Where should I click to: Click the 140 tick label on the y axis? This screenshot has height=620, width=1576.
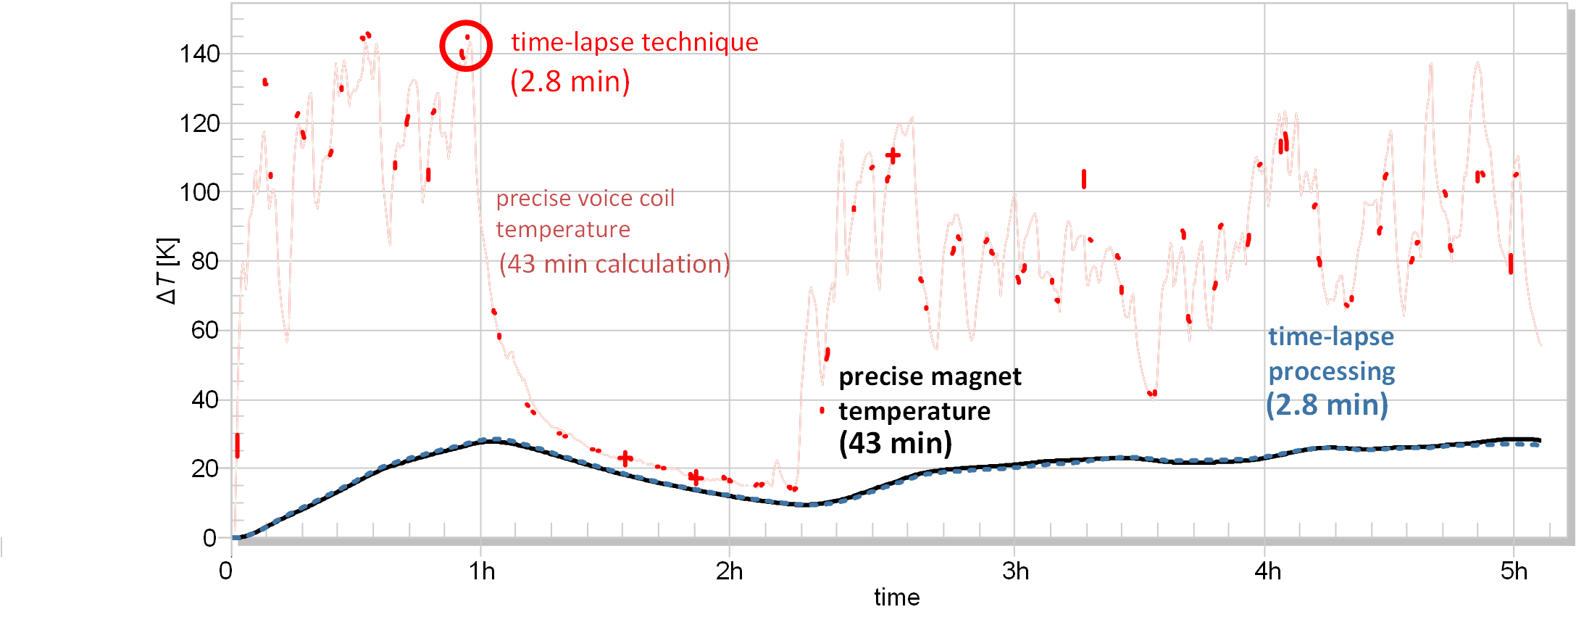point(199,54)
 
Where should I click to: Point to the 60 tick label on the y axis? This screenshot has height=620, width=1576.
point(204,331)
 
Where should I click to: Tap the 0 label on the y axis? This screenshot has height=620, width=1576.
point(209,538)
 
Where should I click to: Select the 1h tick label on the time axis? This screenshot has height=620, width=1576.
point(482,571)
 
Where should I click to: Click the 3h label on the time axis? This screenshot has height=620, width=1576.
point(1015,571)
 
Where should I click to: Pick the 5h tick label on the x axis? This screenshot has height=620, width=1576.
point(1514,571)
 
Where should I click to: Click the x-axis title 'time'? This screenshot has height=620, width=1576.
point(896,598)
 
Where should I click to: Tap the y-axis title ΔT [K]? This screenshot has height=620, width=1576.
point(167,270)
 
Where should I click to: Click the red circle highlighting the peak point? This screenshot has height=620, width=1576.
point(466,46)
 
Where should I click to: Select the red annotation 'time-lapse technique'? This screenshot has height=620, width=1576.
point(635,42)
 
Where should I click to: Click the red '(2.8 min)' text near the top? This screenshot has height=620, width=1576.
point(570,81)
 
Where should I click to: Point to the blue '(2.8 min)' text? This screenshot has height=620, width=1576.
point(1327,405)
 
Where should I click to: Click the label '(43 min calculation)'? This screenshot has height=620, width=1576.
point(614,264)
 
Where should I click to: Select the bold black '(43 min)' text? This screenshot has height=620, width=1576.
point(896,443)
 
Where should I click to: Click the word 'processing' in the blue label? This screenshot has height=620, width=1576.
point(1332,371)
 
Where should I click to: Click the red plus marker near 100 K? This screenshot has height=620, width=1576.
point(893,155)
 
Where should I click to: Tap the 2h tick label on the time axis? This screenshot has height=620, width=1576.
point(730,571)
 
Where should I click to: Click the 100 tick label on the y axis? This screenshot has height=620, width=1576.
point(199,192)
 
